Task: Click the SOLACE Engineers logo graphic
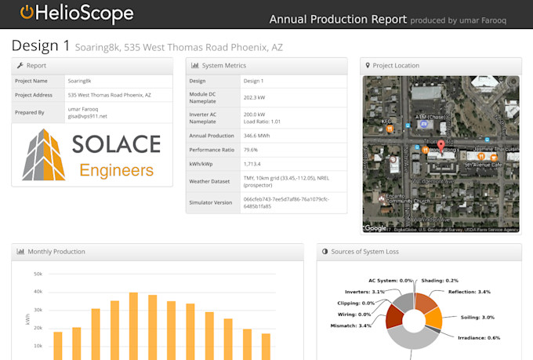[x=92, y=155]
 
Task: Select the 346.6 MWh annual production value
[x=259, y=136]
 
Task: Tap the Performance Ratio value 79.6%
[x=251, y=150]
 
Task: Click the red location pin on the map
[x=441, y=145]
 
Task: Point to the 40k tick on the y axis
[x=38, y=292]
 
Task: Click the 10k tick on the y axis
[x=38, y=346]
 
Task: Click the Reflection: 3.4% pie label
[x=469, y=292]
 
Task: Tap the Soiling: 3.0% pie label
[x=477, y=317]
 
